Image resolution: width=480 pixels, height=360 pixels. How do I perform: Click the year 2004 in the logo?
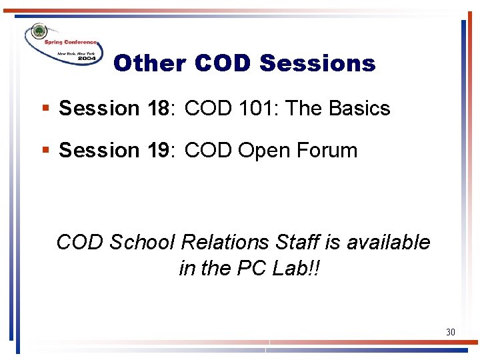coord(86,59)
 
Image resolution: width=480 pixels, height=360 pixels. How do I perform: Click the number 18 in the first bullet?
coord(159,108)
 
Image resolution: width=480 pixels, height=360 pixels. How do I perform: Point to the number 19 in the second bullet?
coord(159,150)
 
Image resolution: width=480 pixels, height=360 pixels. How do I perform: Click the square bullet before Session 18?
coord(45,108)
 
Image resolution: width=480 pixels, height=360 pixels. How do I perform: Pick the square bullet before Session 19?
coord(45,150)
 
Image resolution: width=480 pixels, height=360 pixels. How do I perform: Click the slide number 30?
coord(450,331)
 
